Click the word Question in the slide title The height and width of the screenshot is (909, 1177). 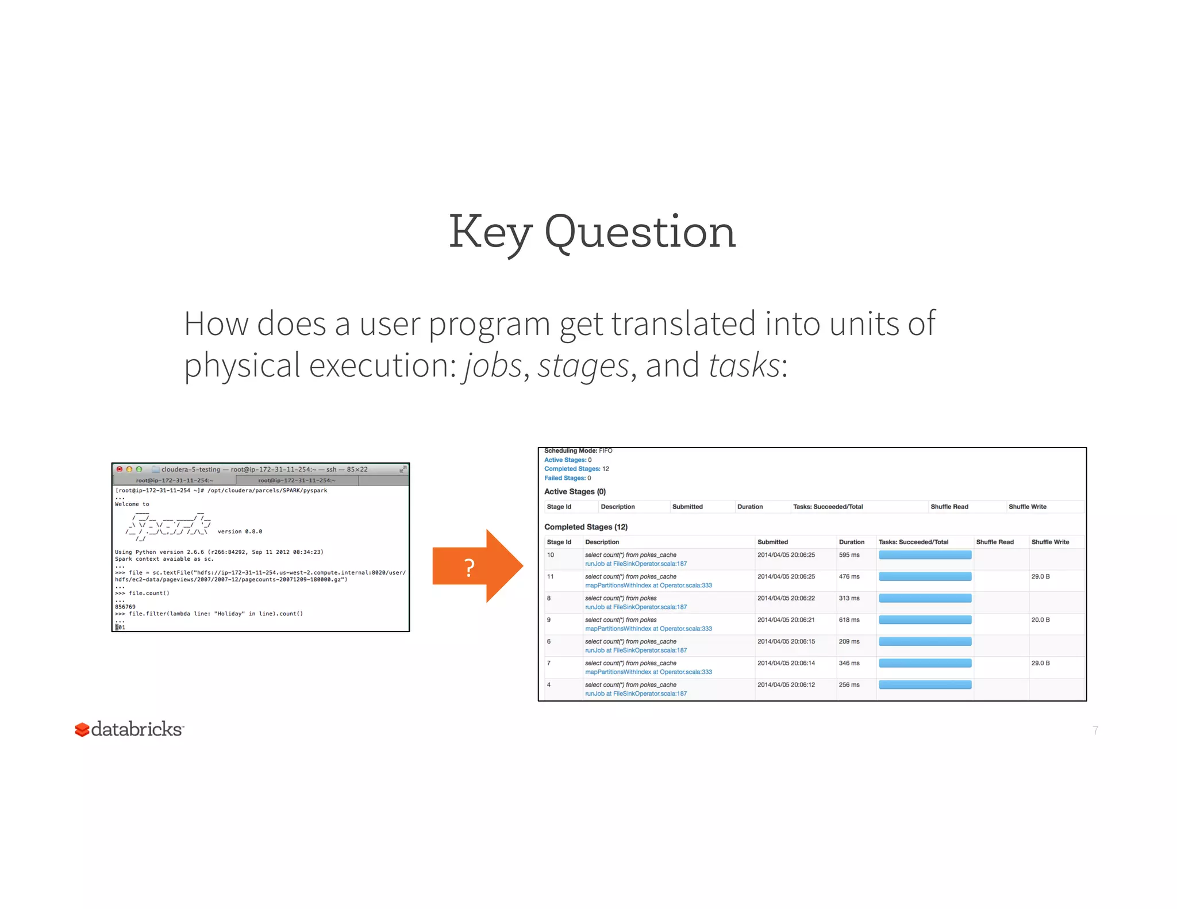coord(640,233)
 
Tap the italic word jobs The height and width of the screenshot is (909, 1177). coord(493,365)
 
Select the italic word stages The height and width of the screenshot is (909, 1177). coord(583,365)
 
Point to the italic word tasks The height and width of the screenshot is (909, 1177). coord(744,365)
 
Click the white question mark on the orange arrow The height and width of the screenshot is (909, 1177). coord(470,568)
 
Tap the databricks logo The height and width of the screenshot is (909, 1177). coord(129,729)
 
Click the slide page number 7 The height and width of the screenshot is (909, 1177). coord(1095,730)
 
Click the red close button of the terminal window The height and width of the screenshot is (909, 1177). coord(120,469)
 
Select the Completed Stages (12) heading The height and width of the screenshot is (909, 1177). coord(586,527)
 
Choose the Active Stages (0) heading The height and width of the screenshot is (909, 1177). coord(575,492)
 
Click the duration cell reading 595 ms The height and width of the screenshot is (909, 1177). coord(849,555)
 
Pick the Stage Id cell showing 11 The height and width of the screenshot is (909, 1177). coord(551,576)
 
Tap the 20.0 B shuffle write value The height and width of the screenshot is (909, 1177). coord(1040,620)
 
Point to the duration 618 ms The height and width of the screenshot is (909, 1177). coord(849,620)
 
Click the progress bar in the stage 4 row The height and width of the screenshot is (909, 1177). coord(925,685)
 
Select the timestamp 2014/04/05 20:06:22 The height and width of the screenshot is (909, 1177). coord(786,598)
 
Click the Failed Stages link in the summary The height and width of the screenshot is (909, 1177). coord(565,478)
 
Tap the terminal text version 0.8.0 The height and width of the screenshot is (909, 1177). coord(240,531)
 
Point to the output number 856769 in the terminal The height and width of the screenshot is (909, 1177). coord(125,607)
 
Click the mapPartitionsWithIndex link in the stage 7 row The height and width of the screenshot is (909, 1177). coord(648,672)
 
